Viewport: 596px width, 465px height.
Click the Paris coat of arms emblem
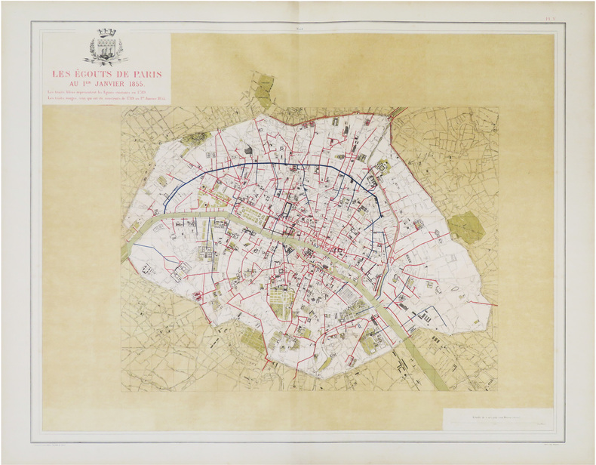pos(106,48)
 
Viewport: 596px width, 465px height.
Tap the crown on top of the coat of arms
pos(106,32)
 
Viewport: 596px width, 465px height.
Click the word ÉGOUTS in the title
pos(94,74)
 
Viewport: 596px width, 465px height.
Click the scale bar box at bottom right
pos(497,420)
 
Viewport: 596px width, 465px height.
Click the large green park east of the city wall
pos(465,226)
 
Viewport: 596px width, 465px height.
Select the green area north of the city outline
pos(263,91)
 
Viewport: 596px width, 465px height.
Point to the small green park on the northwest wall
pos(195,140)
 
